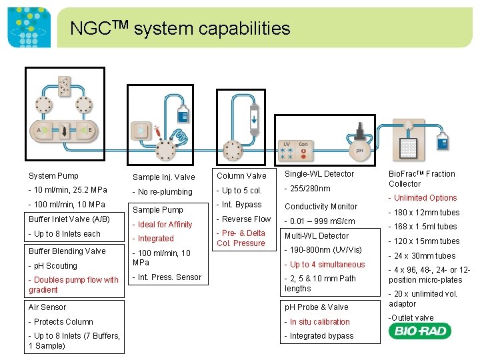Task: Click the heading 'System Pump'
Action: coord(53,176)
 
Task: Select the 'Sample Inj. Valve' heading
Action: coord(163,177)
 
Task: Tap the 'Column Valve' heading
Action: coord(241,176)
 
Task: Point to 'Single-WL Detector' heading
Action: coord(319,174)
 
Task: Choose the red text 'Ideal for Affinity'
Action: coord(165,225)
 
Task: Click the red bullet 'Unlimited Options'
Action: coord(425,198)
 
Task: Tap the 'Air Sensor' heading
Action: coord(47,307)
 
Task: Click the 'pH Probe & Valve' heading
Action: coord(317,307)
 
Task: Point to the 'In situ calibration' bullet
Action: coord(319,322)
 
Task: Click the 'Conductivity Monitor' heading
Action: coord(321,207)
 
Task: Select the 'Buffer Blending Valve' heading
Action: coord(67,251)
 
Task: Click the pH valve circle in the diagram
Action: coord(359,151)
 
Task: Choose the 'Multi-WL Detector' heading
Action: coord(317,236)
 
